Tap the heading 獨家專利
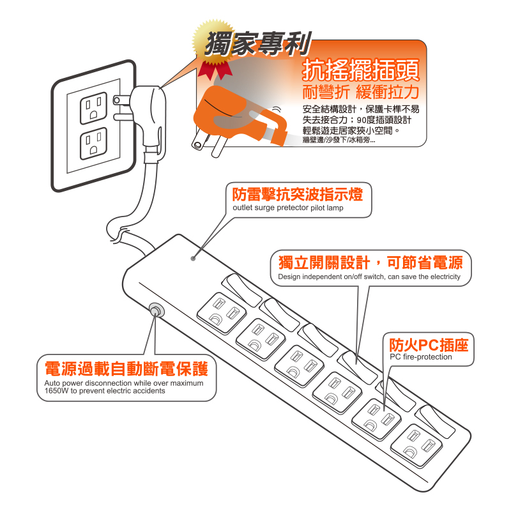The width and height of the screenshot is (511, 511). click(x=258, y=43)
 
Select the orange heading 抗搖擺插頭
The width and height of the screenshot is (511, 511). click(x=361, y=70)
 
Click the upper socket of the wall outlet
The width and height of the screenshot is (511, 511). click(x=93, y=108)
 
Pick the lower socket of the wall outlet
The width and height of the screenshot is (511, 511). click(x=93, y=143)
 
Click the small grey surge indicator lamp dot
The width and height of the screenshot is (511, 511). click(x=194, y=259)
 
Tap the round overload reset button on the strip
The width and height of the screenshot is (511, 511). click(x=156, y=310)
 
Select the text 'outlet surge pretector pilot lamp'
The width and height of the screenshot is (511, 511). click(x=288, y=208)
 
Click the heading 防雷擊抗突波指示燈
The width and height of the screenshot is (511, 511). click(x=298, y=194)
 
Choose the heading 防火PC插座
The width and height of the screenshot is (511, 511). click(x=429, y=345)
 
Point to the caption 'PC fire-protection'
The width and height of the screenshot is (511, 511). click(x=421, y=357)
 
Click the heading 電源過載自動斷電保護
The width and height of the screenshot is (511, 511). click(x=126, y=369)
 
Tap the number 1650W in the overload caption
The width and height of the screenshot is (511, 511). click(x=56, y=391)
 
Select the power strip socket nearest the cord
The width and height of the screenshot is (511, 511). click(x=222, y=313)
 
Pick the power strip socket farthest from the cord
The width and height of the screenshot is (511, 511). click(x=416, y=444)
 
